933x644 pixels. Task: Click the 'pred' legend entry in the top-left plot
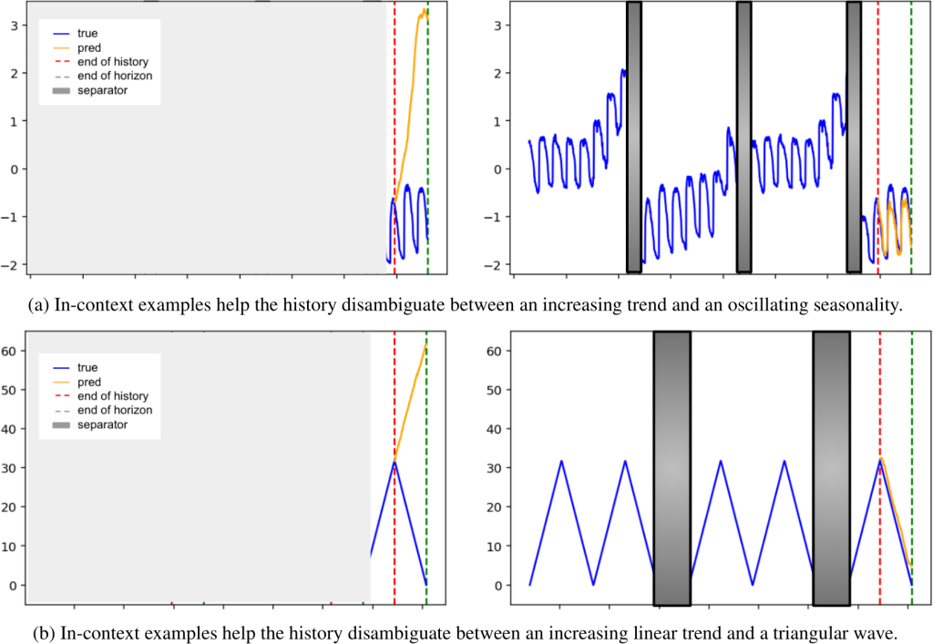[x=88, y=46]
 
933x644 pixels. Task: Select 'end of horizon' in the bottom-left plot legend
[x=114, y=411]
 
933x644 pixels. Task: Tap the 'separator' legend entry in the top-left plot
[x=101, y=90]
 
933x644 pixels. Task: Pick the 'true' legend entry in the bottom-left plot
[x=87, y=367]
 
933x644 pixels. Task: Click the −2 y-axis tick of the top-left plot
[x=14, y=264]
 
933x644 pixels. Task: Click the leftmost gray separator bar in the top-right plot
[x=633, y=137]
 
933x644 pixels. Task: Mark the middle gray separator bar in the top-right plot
[x=743, y=137]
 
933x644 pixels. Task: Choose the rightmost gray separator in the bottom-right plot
[x=831, y=467]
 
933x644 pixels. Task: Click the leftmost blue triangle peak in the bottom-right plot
[x=561, y=461]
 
